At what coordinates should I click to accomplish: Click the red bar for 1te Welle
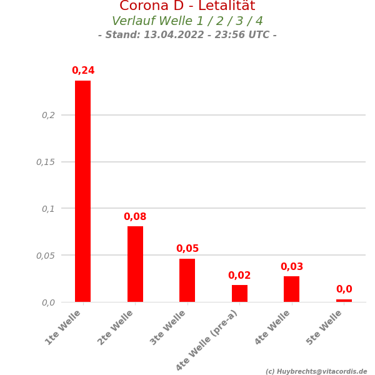(x=82, y=191)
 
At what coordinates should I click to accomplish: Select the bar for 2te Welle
(x=135, y=264)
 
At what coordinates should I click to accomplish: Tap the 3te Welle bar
(x=187, y=280)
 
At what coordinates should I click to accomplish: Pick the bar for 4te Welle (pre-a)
(x=239, y=293)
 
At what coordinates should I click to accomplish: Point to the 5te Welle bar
(x=344, y=301)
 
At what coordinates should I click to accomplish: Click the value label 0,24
(x=83, y=71)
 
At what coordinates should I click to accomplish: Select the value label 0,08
(x=135, y=217)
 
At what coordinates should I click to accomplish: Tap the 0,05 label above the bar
(x=187, y=249)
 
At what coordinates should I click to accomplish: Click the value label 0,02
(x=239, y=276)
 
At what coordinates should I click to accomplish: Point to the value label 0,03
(x=292, y=267)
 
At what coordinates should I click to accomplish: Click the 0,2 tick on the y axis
(x=48, y=115)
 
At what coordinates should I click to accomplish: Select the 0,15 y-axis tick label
(x=46, y=162)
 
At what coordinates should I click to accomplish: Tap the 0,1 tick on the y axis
(x=48, y=209)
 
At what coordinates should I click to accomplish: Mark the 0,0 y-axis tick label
(x=48, y=302)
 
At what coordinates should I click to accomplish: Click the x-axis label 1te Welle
(x=64, y=327)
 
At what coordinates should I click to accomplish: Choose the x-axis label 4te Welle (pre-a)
(x=207, y=339)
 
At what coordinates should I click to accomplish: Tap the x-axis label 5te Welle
(x=325, y=327)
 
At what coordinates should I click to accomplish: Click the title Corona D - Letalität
(x=187, y=6)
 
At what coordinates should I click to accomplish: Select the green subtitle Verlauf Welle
(x=187, y=21)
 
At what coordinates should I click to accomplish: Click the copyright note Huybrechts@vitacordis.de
(x=316, y=371)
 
